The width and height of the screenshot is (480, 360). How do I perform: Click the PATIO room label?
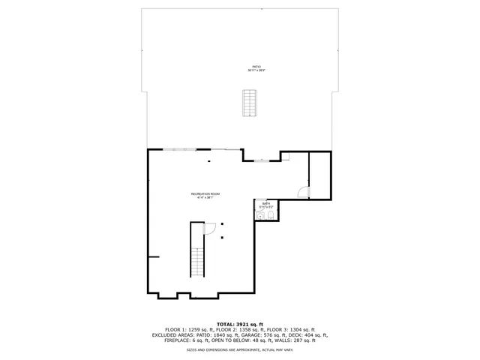click(x=257, y=66)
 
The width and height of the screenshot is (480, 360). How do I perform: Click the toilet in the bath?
click(x=260, y=216)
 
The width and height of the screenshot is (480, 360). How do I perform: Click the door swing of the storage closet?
click(x=302, y=192)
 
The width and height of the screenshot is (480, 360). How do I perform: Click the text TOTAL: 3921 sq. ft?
click(x=240, y=323)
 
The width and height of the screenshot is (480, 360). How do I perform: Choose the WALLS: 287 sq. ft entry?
click(x=295, y=340)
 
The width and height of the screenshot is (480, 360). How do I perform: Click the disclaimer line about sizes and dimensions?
click(x=240, y=349)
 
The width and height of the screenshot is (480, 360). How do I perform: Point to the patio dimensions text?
click(x=257, y=70)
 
